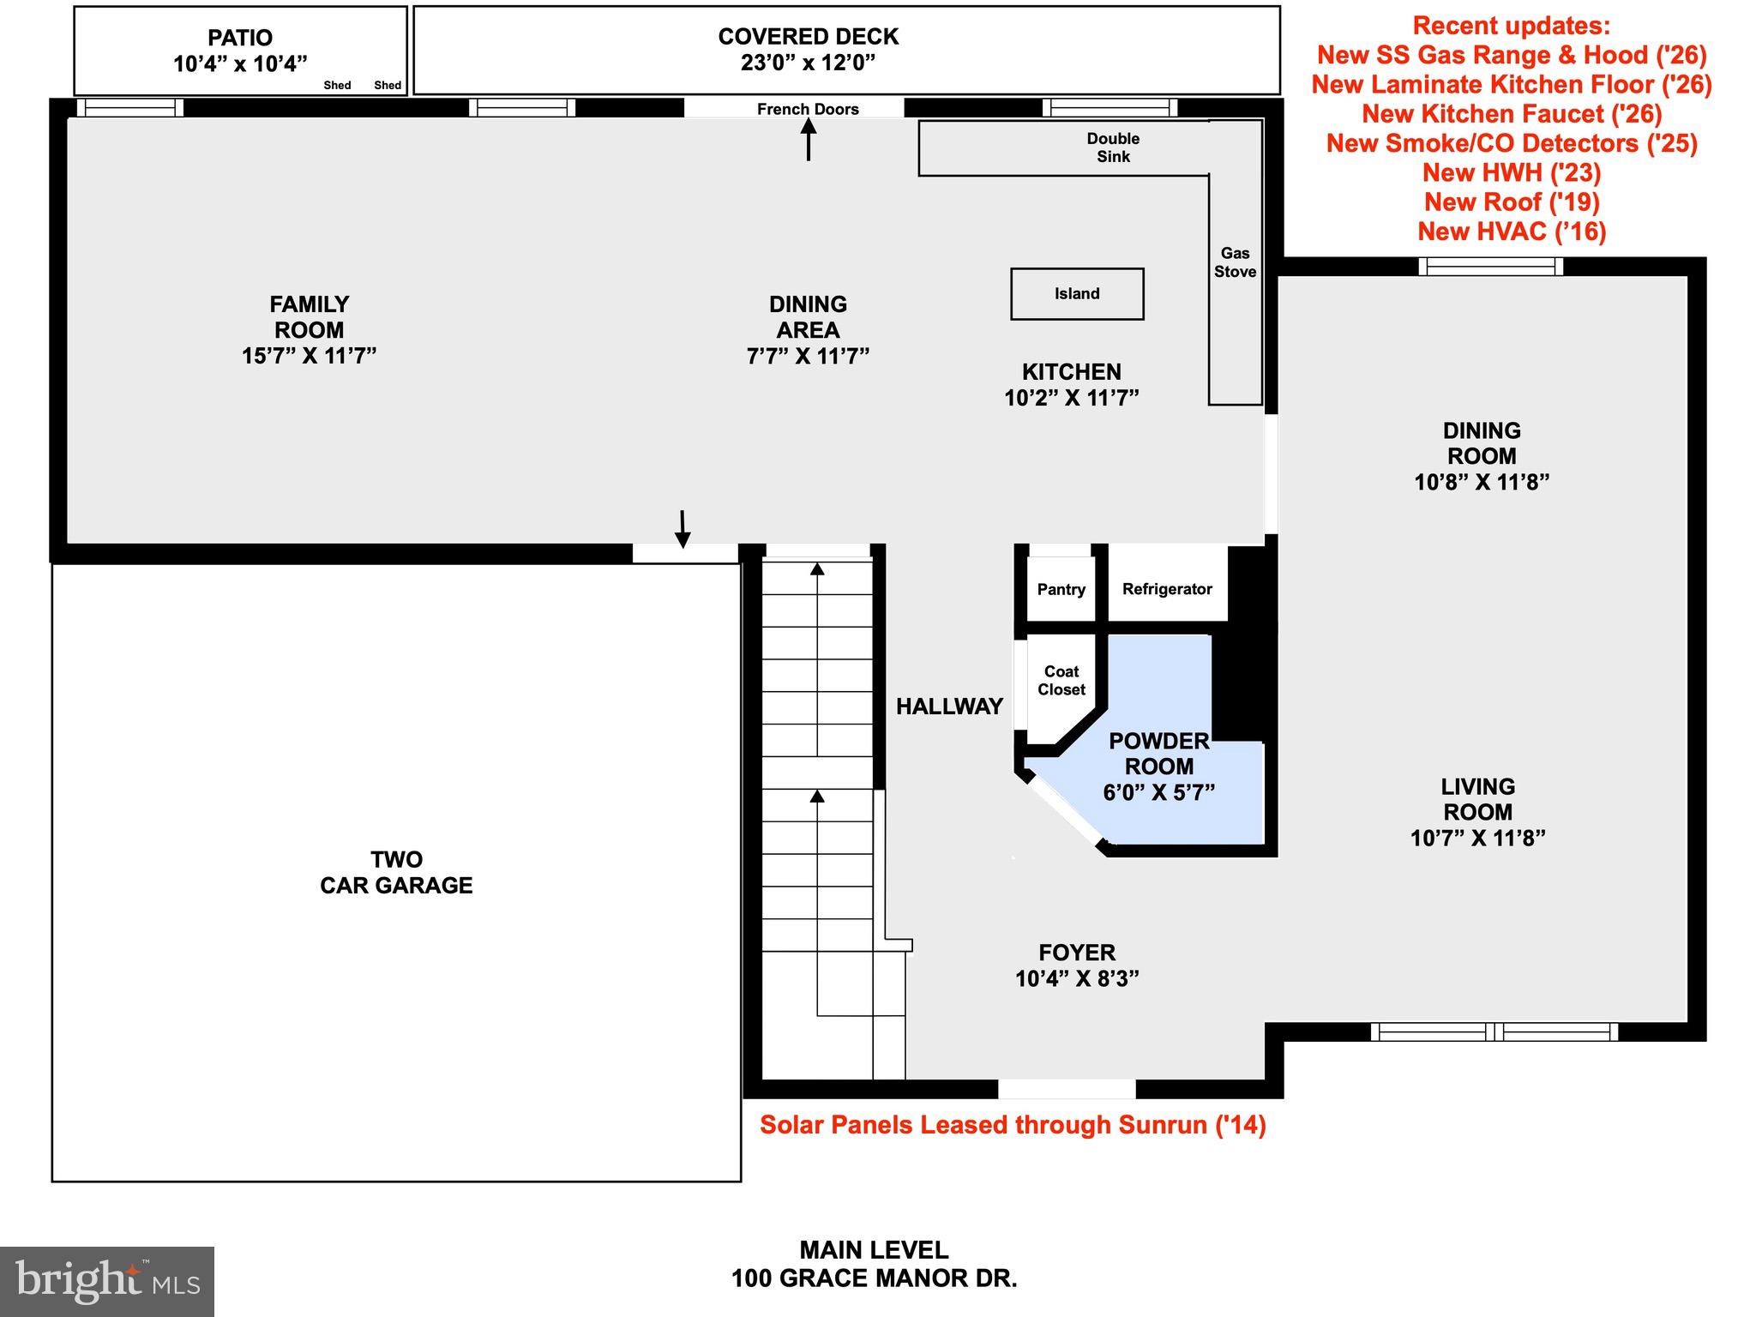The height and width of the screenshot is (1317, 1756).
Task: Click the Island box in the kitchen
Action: pos(1076,294)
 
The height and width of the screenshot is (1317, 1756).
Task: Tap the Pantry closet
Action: pos(1061,589)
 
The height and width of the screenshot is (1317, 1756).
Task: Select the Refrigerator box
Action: pos(1167,589)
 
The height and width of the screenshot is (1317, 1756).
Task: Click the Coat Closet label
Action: pos(1061,681)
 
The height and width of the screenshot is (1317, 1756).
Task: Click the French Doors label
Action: pos(808,109)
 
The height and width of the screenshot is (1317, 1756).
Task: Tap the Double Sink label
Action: pos(1113,147)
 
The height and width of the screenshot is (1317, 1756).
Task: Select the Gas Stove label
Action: pos(1235,262)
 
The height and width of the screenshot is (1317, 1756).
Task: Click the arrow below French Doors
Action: pos(809,140)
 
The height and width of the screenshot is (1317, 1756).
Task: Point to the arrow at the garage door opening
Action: pos(683,529)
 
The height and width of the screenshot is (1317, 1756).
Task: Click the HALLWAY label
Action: pos(949,707)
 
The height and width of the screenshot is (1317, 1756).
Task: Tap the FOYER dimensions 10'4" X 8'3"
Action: pos(1077,978)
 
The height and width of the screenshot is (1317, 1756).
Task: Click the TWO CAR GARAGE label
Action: pos(396,873)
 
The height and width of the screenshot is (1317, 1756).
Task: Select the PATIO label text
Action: pos(240,39)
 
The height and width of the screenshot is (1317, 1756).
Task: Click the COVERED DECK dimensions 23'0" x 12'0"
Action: pos(808,63)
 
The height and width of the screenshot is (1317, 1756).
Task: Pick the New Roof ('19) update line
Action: pos(1512,202)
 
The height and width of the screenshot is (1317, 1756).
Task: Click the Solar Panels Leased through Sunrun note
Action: pos(1013,1125)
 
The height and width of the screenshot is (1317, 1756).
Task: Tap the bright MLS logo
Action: pos(107,1282)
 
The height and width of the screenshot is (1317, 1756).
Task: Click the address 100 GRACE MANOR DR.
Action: pos(874,1278)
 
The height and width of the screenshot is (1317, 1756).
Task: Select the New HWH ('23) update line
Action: pos(1512,173)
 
